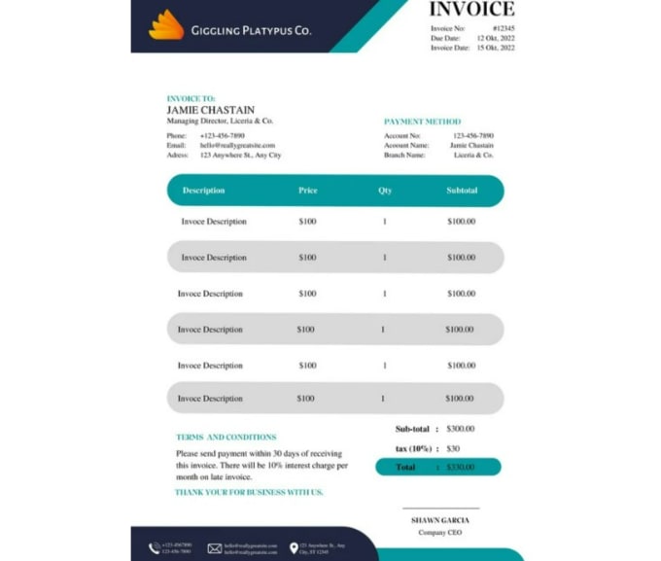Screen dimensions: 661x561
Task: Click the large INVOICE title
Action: coord(471,10)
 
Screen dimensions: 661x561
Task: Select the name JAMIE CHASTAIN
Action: coord(211,110)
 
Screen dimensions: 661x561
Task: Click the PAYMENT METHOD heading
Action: coord(422,122)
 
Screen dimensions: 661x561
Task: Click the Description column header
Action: coord(203,191)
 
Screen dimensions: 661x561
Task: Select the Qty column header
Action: coord(385,191)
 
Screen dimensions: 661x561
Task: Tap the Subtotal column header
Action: coord(462,191)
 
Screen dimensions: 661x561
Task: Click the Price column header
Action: coord(307,191)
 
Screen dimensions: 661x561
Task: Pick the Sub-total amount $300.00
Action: coord(461,429)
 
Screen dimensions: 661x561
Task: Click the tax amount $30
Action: coord(453,448)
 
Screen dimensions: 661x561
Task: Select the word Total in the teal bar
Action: coord(404,467)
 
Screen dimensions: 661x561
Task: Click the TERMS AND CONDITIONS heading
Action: coord(226,438)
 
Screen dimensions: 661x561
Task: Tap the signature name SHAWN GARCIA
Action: coord(439,520)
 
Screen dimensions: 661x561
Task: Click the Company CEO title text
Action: coord(439,533)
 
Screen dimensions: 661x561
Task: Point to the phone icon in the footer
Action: coord(155,548)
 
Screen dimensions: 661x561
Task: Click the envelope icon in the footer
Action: coord(215,548)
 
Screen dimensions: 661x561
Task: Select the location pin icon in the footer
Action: coord(294,548)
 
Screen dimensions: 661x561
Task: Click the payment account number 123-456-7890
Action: coord(473,136)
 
